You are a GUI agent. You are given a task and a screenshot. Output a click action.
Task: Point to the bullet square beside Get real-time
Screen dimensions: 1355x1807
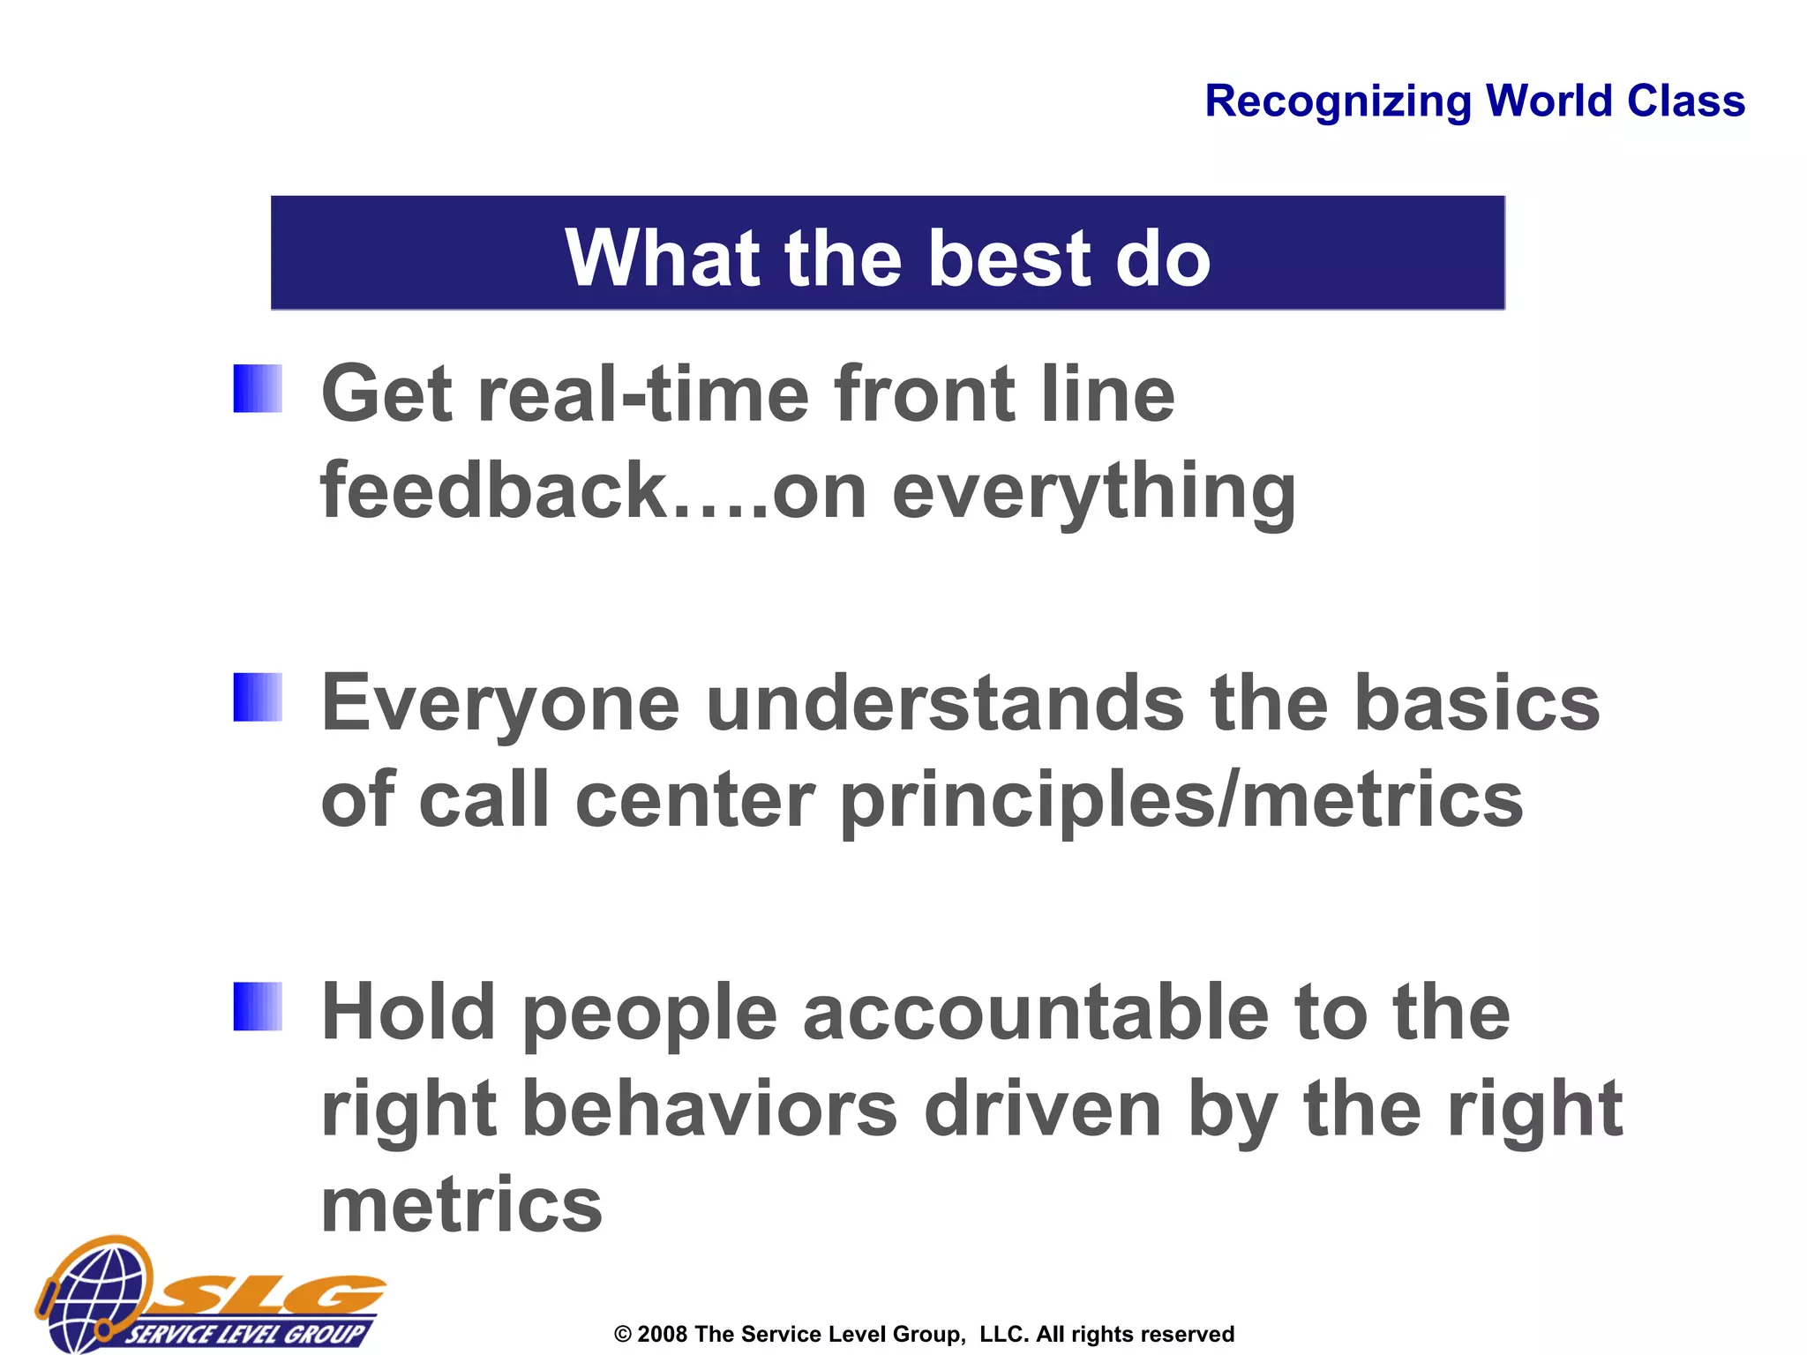258,389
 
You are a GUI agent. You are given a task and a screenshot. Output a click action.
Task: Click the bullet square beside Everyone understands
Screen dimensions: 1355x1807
258,697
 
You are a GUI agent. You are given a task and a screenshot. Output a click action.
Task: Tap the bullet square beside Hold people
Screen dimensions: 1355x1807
258,1007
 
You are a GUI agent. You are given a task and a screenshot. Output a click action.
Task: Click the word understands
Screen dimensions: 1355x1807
945,704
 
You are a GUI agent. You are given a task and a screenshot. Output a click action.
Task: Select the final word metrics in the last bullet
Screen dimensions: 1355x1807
461,1206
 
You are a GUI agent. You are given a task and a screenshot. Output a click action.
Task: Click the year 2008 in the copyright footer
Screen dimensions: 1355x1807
662,1334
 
